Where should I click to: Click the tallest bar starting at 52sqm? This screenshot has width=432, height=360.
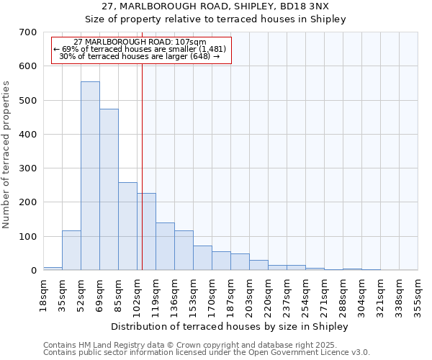click(90, 176)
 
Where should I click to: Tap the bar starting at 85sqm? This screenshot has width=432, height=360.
click(127, 226)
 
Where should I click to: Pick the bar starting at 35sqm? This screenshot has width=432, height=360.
click(71, 250)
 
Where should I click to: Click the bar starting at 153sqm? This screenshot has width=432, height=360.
click(202, 258)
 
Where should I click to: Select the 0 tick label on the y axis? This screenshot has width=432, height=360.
click(33, 271)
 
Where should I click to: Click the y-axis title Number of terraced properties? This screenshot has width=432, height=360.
click(7, 154)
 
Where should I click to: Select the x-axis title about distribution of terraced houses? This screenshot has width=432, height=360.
click(230, 326)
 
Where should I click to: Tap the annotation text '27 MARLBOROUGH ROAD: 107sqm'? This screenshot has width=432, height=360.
click(140, 42)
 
